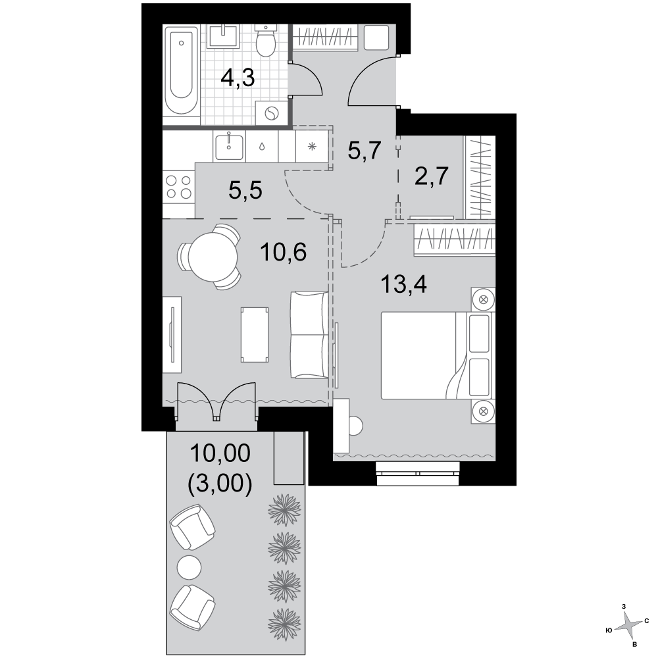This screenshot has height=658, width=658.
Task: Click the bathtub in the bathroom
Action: (x=182, y=71)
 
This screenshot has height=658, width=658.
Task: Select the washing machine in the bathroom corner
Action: (x=272, y=113)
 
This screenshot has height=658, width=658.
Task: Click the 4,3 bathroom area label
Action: (x=238, y=78)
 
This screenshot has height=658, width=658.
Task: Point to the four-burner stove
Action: (x=179, y=187)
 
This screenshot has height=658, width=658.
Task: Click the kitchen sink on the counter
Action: (x=229, y=147)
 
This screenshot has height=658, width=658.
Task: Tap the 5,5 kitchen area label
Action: (x=245, y=191)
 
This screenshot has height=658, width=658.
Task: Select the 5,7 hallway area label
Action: (x=365, y=151)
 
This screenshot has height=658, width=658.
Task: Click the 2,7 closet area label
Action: (x=432, y=176)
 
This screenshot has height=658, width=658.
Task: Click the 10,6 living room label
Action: (x=283, y=252)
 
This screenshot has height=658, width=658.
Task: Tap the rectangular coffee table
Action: (x=255, y=334)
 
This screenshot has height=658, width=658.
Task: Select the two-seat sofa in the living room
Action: (x=309, y=335)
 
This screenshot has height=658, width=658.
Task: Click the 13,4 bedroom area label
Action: (x=404, y=284)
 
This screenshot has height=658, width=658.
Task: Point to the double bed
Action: (x=437, y=355)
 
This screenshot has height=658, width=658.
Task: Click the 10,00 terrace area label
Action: (x=220, y=453)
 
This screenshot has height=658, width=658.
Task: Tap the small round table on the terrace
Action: (x=190, y=567)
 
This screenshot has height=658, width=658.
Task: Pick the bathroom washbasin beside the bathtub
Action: (x=224, y=36)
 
